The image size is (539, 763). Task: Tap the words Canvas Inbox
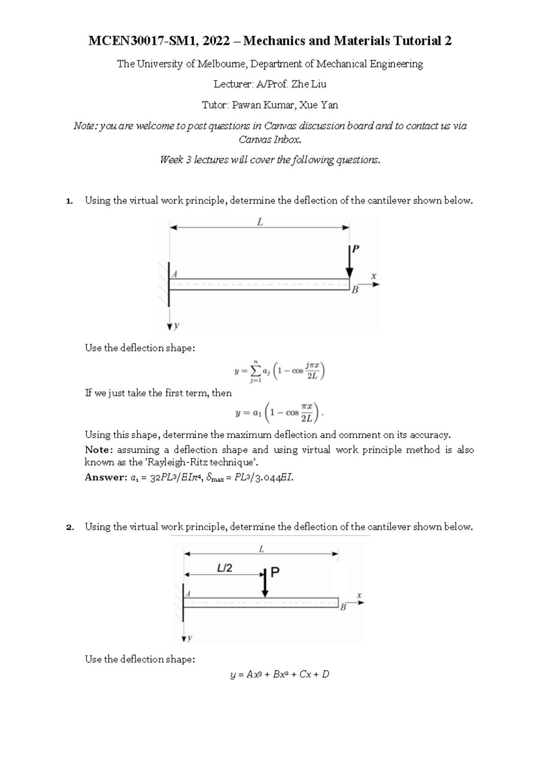(x=269, y=140)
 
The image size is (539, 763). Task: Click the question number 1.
(x=69, y=201)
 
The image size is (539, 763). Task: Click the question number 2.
(x=69, y=527)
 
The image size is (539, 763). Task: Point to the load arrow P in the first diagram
(x=349, y=263)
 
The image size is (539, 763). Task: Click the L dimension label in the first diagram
(x=260, y=222)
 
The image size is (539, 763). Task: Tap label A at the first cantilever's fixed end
(x=175, y=274)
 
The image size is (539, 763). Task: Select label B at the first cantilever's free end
(x=355, y=290)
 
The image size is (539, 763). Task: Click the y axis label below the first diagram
(x=176, y=326)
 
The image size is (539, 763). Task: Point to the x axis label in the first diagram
(x=373, y=276)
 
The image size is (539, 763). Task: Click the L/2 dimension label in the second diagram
(x=225, y=568)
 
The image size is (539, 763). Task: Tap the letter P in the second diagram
(x=275, y=572)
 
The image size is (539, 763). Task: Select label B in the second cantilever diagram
(x=343, y=608)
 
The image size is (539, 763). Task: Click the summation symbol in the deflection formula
(x=255, y=371)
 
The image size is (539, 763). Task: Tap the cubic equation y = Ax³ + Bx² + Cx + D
(x=279, y=674)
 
